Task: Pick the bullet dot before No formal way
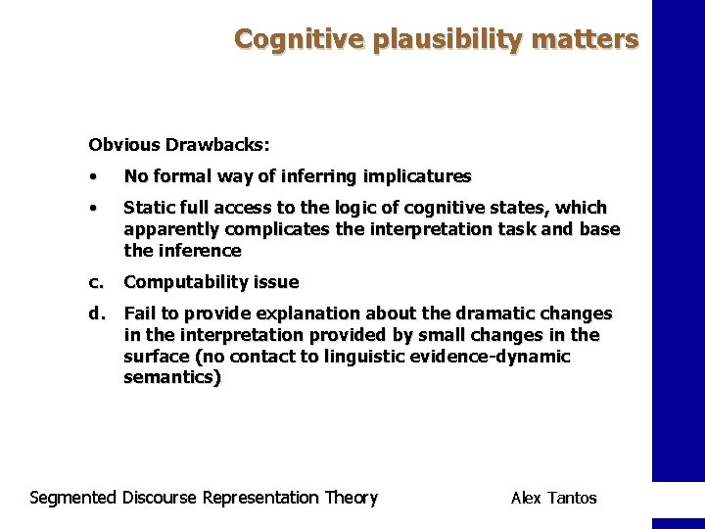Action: click(92, 177)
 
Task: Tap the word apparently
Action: click(171, 229)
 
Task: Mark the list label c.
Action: click(96, 282)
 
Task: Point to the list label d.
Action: click(97, 313)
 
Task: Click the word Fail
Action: click(139, 313)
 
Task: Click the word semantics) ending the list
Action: click(172, 378)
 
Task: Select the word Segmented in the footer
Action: click(73, 498)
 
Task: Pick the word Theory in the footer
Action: click(351, 498)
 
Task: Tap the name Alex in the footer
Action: click(528, 498)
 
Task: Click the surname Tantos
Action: click(573, 498)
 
